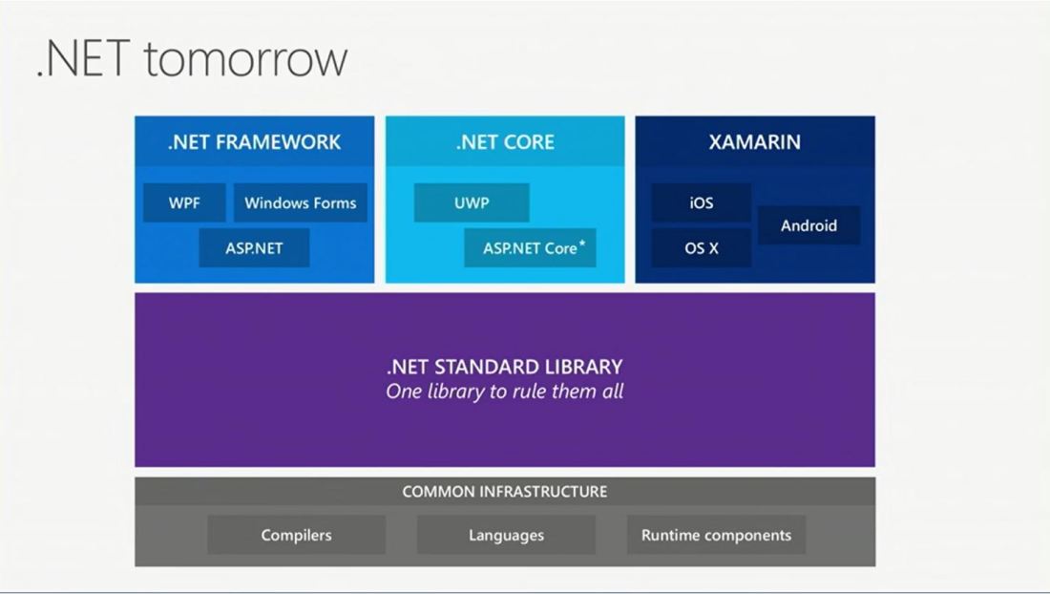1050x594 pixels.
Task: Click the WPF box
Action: [x=184, y=202]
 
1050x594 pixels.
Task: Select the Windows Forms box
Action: [x=300, y=202]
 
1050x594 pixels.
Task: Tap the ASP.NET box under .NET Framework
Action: [x=254, y=247]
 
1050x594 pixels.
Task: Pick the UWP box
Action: [x=472, y=202]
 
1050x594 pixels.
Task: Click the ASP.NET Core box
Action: [x=530, y=247]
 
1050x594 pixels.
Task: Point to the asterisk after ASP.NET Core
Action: [x=582, y=243]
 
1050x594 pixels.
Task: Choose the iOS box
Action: [x=702, y=202]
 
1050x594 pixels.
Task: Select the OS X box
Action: [x=702, y=247]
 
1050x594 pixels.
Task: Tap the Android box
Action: [x=808, y=225]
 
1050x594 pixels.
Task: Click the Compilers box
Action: [x=296, y=535]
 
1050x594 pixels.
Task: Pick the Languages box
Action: [x=506, y=535]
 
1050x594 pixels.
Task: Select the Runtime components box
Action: [x=716, y=535]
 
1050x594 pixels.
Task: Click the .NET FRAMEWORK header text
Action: [x=254, y=142]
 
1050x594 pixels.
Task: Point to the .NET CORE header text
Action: [x=505, y=142]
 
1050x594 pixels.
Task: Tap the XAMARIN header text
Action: [x=755, y=142]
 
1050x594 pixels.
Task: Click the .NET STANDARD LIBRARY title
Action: [x=505, y=367]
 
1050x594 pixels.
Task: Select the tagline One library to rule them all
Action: [x=505, y=392]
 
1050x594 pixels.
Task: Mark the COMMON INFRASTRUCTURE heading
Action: [x=505, y=492]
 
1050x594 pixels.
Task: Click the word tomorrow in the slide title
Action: [x=245, y=59]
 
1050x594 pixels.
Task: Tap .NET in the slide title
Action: [x=83, y=58]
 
